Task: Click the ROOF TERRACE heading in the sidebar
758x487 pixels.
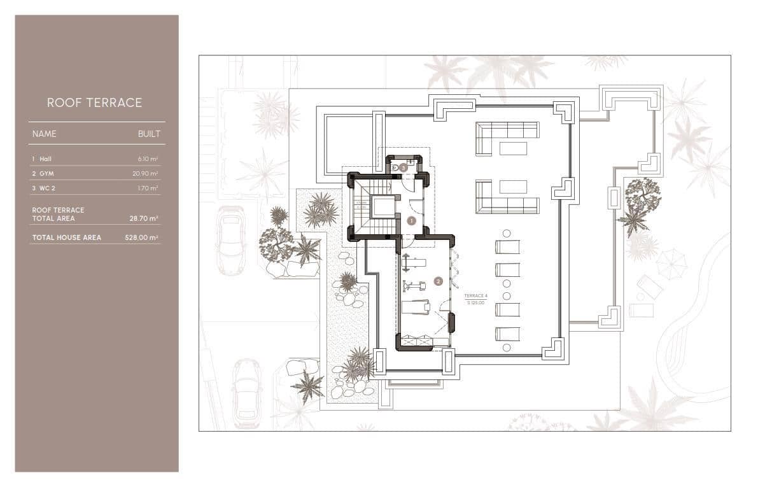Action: point(94,102)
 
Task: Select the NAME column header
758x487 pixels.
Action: point(45,134)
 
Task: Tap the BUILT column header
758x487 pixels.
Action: point(149,134)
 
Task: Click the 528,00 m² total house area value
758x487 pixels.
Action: point(141,237)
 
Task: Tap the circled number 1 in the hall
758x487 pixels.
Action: point(411,221)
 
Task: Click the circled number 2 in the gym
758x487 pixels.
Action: point(438,281)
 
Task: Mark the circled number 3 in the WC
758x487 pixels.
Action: point(403,167)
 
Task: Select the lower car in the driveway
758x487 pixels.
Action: point(247,392)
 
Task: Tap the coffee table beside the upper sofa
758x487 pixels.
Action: point(513,148)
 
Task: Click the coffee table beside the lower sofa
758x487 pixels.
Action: point(513,187)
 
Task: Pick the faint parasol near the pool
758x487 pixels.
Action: point(671,262)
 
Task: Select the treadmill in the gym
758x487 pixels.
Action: point(416,307)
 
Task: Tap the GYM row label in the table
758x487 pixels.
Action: point(46,173)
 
